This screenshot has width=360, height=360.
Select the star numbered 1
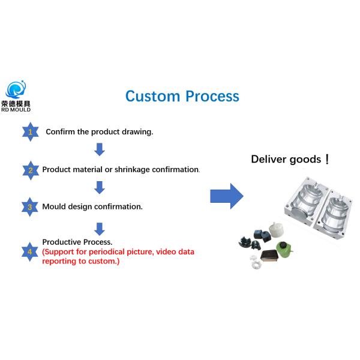[x=30, y=131]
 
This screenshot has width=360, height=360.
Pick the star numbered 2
[x=30, y=170]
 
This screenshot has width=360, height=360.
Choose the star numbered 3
[x=30, y=207]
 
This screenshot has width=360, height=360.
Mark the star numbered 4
[x=30, y=251]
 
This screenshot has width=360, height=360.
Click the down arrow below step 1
[x=100, y=149]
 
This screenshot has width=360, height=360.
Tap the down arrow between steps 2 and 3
[x=100, y=187]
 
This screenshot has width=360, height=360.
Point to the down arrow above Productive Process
[x=100, y=229]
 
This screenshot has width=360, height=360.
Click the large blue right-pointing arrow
[x=226, y=196]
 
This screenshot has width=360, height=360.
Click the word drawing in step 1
[x=136, y=132]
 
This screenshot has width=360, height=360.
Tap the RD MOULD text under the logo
[x=16, y=110]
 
